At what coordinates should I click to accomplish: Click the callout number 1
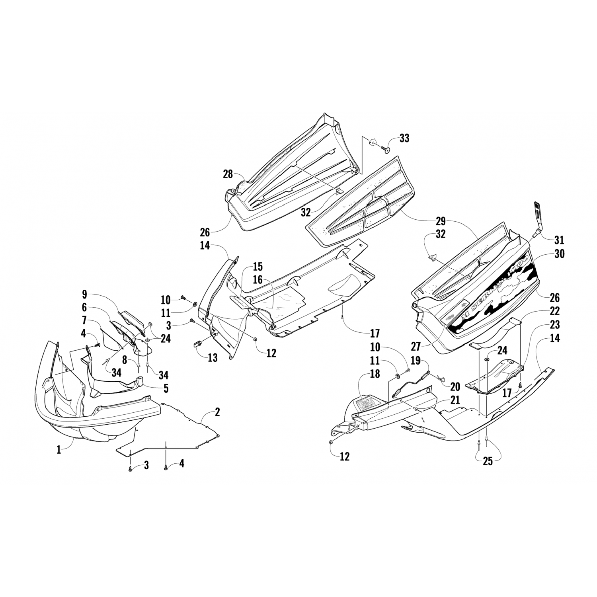point(59,450)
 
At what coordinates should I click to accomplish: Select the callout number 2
point(217,412)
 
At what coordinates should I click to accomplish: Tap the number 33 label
point(404,138)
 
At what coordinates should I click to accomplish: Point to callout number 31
point(559,240)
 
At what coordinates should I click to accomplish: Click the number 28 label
point(228,174)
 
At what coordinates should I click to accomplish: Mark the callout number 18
point(375,374)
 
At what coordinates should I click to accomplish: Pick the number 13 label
point(213,357)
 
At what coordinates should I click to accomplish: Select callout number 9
point(84,295)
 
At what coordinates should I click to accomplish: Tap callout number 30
point(559,254)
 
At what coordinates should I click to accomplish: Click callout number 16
point(258,280)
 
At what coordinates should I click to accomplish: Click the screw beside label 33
point(386,149)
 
